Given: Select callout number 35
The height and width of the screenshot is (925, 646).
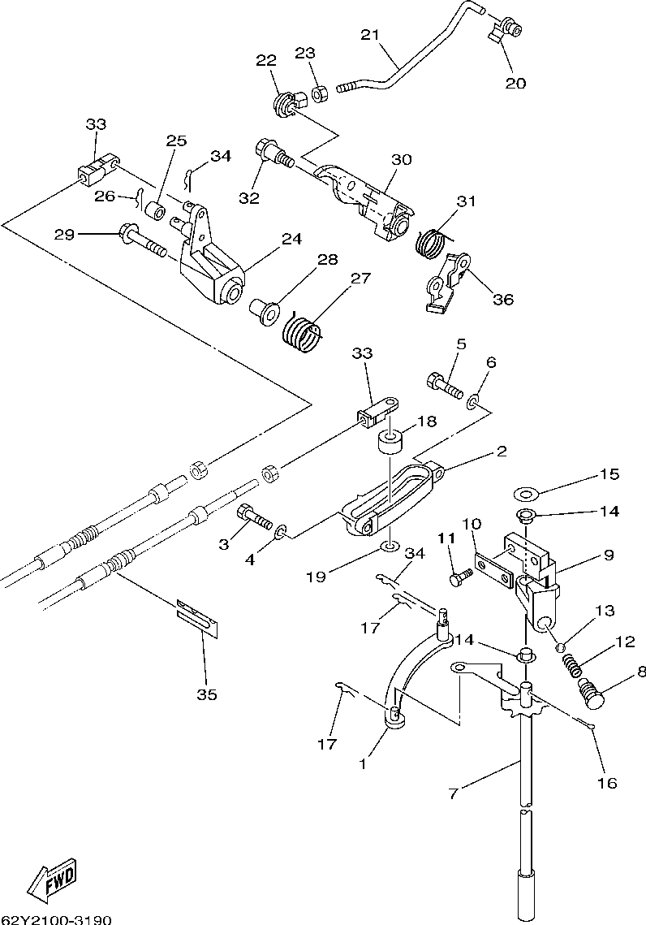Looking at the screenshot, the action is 206,694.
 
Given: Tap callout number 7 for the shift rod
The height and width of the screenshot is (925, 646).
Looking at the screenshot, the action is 453,793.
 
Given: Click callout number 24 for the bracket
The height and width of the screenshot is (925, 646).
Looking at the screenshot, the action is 291,239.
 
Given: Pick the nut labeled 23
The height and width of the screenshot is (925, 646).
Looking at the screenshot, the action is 320,93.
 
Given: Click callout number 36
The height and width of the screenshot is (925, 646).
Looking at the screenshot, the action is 503,299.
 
